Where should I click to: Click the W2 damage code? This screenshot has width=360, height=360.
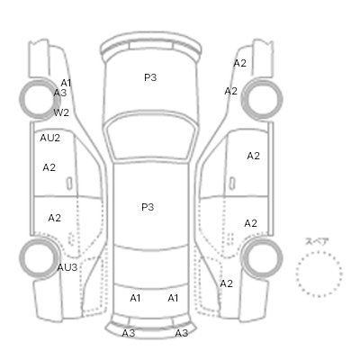tap(61, 112)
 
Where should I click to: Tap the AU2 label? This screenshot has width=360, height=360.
tap(50, 138)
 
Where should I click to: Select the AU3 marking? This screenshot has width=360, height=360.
tap(67, 267)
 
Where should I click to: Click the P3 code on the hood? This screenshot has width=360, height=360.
tap(150, 77)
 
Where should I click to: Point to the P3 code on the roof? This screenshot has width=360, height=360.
tap(148, 207)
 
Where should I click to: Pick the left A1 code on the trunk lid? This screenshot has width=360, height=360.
tap(135, 298)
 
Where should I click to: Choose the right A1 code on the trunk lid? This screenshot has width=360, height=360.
tap(173, 298)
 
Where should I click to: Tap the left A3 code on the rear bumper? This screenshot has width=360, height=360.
tap(129, 333)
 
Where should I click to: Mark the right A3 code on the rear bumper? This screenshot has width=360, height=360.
tap(182, 333)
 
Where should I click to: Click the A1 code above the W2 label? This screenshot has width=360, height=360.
tap(66, 83)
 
